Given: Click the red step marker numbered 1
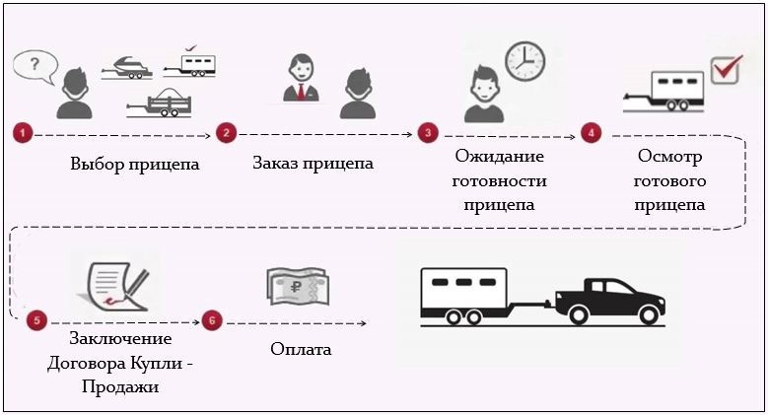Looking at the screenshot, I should point(22,132).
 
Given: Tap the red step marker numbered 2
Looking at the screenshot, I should point(225,132).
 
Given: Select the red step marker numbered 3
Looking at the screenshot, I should point(427,132).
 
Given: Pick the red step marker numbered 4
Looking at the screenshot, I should point(591,132).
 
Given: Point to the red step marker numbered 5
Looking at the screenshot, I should point(36,320).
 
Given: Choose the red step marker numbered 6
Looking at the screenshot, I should point(209,320).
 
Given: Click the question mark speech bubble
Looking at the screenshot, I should point(35,66).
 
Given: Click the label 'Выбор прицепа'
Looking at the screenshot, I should point(135,164).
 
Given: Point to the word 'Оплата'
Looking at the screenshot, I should point(301,349).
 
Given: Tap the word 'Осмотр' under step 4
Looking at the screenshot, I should point(670,158).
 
